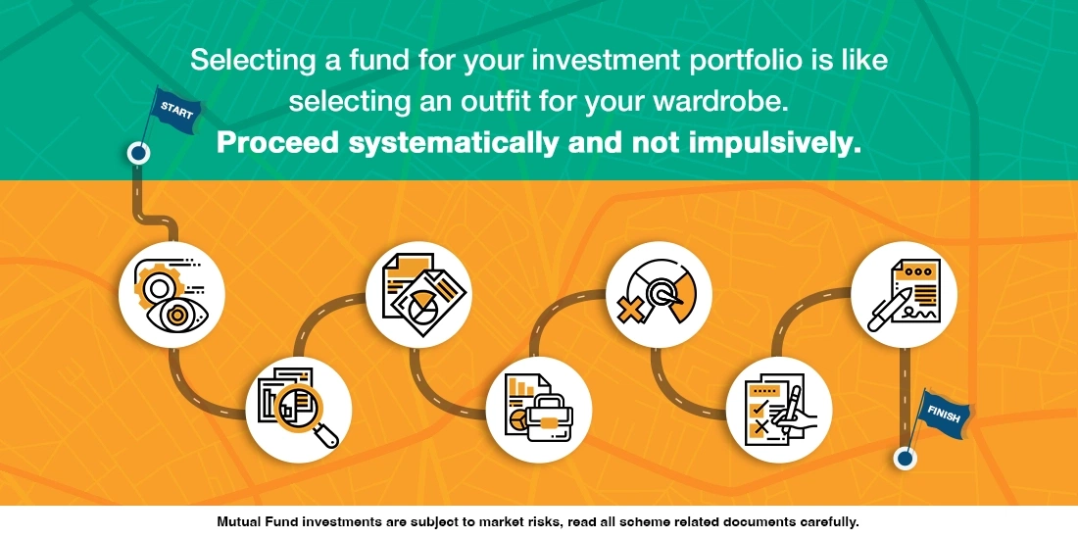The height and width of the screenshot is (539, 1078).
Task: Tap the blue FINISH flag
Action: click(943, 416)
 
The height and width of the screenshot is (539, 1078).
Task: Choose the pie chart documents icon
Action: click(418, 292)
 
